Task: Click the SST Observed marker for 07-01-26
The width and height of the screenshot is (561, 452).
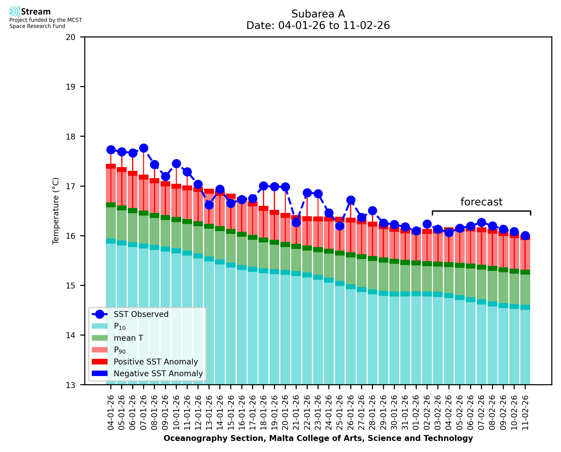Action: [144, 148]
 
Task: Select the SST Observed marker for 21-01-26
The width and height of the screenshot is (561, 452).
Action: [296, 223]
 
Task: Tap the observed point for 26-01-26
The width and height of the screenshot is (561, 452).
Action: [351, 200]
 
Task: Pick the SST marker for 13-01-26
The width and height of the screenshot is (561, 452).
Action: [209, 205]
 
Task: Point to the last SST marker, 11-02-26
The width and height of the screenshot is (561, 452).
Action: [525, 236]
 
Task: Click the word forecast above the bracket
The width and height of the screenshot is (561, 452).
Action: [481, 202]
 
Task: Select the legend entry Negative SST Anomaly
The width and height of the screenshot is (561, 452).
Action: [158, 373]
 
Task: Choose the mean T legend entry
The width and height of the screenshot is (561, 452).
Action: [128, 338]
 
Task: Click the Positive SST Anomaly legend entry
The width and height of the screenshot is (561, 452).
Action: [156, 362]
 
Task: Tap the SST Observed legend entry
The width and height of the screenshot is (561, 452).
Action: [141, 314]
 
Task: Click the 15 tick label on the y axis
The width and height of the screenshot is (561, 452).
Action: [71, 286]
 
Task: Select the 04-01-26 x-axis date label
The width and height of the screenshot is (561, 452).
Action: [111, 413]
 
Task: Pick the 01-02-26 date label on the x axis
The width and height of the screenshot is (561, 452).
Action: [416, 413]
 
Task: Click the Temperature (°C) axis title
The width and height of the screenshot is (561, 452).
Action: [56, 211]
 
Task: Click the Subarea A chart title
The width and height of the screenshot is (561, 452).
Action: [318, 14]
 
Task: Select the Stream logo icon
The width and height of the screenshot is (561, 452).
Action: [15, 12]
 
